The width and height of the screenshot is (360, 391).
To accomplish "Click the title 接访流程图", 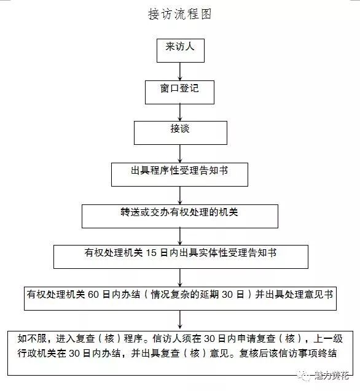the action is point(180,14).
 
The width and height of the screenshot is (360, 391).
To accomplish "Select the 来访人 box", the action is point(181,50).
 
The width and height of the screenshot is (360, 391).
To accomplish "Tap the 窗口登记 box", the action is point(180,92).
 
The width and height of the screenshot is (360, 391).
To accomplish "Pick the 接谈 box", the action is point(181,133).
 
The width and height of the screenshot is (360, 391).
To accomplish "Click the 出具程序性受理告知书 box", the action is point(179,174).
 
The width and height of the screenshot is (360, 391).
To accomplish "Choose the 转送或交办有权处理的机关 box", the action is point(180,216).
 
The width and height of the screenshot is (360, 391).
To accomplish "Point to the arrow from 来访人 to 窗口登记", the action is point(180,72).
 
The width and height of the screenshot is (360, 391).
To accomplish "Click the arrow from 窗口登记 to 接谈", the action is point(180,113).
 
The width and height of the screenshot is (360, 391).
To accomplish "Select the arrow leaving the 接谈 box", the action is point(180,154).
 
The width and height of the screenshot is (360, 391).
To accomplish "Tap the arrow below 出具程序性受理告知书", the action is point(180,195).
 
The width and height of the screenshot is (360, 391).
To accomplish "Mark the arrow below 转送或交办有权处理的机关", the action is point(180,237).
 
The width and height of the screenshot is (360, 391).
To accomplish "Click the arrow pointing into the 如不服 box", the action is point(180,319).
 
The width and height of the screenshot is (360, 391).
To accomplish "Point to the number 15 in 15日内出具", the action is point(151,253).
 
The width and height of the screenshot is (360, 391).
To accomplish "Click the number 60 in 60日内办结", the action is point(93,295).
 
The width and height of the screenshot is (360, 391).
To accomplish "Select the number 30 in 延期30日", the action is point(227,295).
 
